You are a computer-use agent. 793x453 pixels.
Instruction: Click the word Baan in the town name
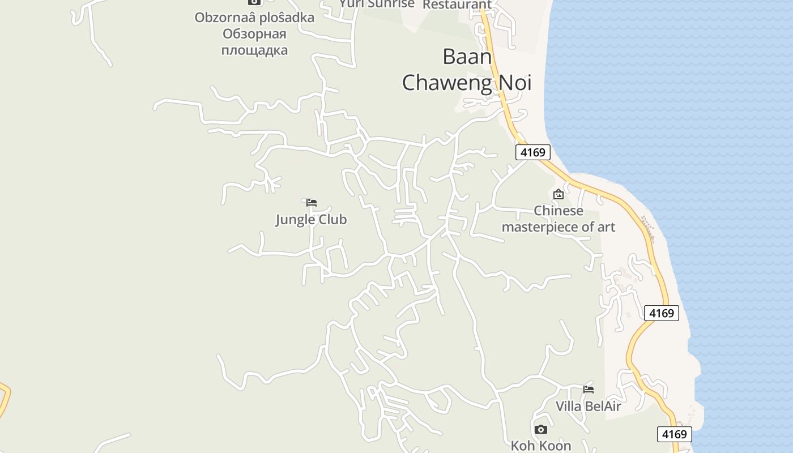click(x=467, y=57)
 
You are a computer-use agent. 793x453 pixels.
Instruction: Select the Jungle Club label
click(x=311, y=220)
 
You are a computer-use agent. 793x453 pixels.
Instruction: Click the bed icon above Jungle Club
click(x=312, y=202)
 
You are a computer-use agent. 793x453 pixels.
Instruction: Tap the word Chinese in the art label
click(x=558, y=211)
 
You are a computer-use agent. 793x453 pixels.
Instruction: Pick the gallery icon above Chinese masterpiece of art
click(x=558, y=194)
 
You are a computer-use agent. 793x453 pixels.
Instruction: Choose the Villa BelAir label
click(x=588, y=406)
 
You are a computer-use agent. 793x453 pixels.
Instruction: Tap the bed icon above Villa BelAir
click(x=589, y=389)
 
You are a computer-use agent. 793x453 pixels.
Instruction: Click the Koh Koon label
click(x=541, y=446)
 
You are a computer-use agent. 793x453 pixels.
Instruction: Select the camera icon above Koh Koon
click(x=541, y=429)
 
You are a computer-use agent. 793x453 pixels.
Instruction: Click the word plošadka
click(x=287, y=18)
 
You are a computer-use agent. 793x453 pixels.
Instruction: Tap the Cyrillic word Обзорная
click(x=254, y=34)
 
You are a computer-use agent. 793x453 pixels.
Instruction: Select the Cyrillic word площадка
click(x=254, y=50)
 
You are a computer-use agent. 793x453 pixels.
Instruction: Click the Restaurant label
click(x=457, y=5)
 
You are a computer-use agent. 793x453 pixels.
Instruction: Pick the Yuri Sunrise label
click(x=377, y=4)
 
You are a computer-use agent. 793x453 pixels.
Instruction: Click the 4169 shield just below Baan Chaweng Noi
click(x=532, y=152)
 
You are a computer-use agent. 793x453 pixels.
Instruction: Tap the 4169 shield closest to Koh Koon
click(x=675, y=434)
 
